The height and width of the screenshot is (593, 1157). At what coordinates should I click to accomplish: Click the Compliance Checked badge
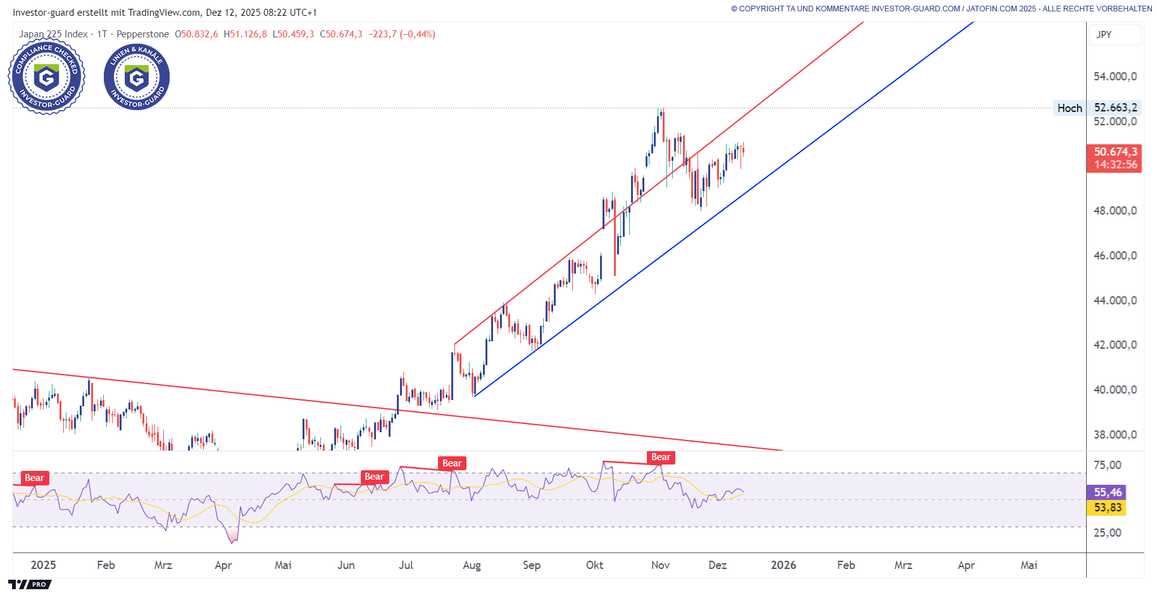pos(46,77)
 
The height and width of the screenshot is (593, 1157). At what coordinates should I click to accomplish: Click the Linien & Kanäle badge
pos(137,77)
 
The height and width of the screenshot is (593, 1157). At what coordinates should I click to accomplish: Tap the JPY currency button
pos(1104,35)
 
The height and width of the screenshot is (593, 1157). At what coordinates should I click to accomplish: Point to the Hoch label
pos(1070,108)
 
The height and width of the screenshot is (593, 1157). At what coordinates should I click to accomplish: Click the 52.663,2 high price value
pos(1116,108)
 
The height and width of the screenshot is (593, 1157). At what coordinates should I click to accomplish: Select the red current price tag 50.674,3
pos(1115,152)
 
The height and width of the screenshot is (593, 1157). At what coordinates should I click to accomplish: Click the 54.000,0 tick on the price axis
pos(1115,77)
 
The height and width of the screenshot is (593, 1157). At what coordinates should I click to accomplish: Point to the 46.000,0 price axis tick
pos(1115,256)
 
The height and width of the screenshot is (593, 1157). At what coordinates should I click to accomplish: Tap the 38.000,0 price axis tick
pos(1115,435)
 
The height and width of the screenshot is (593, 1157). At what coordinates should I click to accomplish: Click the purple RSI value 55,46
pos(1108,492)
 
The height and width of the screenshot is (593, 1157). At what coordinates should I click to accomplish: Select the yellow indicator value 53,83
pos(1108,508)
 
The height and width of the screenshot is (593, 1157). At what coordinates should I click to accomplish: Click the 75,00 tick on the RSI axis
pos(1108,465)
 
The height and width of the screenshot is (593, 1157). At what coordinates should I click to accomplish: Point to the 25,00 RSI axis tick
pos(1108,533)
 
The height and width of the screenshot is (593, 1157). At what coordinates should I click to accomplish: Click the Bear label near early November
pos(661,458)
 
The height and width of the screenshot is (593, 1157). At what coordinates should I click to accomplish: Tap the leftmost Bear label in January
pos(34,478)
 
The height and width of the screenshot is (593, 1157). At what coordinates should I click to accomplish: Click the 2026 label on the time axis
pos(784,565)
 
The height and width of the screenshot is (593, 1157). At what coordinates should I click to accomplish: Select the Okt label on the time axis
pos(595,565)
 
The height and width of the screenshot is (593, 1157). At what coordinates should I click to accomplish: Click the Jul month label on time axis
pos(406,565)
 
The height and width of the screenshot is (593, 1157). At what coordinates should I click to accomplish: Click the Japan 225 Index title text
pos(53,34)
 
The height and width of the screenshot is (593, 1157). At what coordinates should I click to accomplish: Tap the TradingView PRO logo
pos(30,584)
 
